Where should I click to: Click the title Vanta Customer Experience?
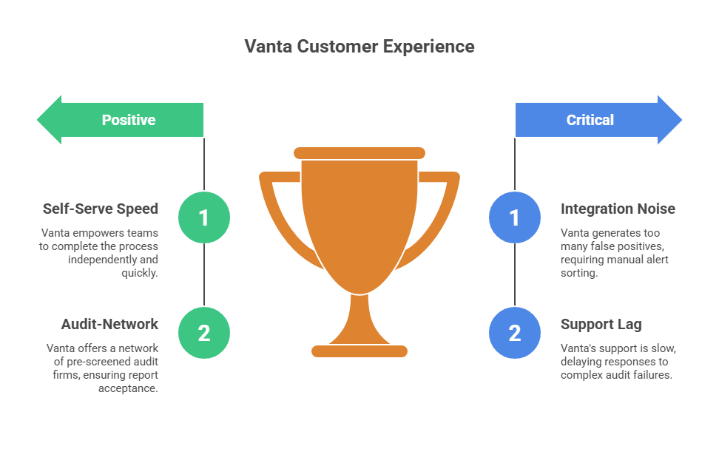pos(359,47)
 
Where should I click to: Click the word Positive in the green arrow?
pos(129,120)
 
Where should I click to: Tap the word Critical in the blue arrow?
pos(590,120)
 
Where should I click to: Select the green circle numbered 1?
pos(204,217)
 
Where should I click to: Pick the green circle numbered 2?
pos(204,333)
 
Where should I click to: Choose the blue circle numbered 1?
pos(515,217)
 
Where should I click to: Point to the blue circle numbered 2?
pos(515,333)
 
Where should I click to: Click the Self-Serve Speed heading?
pos(100,209)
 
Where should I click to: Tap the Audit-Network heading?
pos(109,324)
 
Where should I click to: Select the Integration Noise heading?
pos(618,209)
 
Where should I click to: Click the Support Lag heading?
pos(601,324)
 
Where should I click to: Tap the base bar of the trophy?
pos(359,351)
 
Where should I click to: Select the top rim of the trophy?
pos(359,153)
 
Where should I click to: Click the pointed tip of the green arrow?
pos(39,120)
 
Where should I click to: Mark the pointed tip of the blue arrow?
pos(680,120)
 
